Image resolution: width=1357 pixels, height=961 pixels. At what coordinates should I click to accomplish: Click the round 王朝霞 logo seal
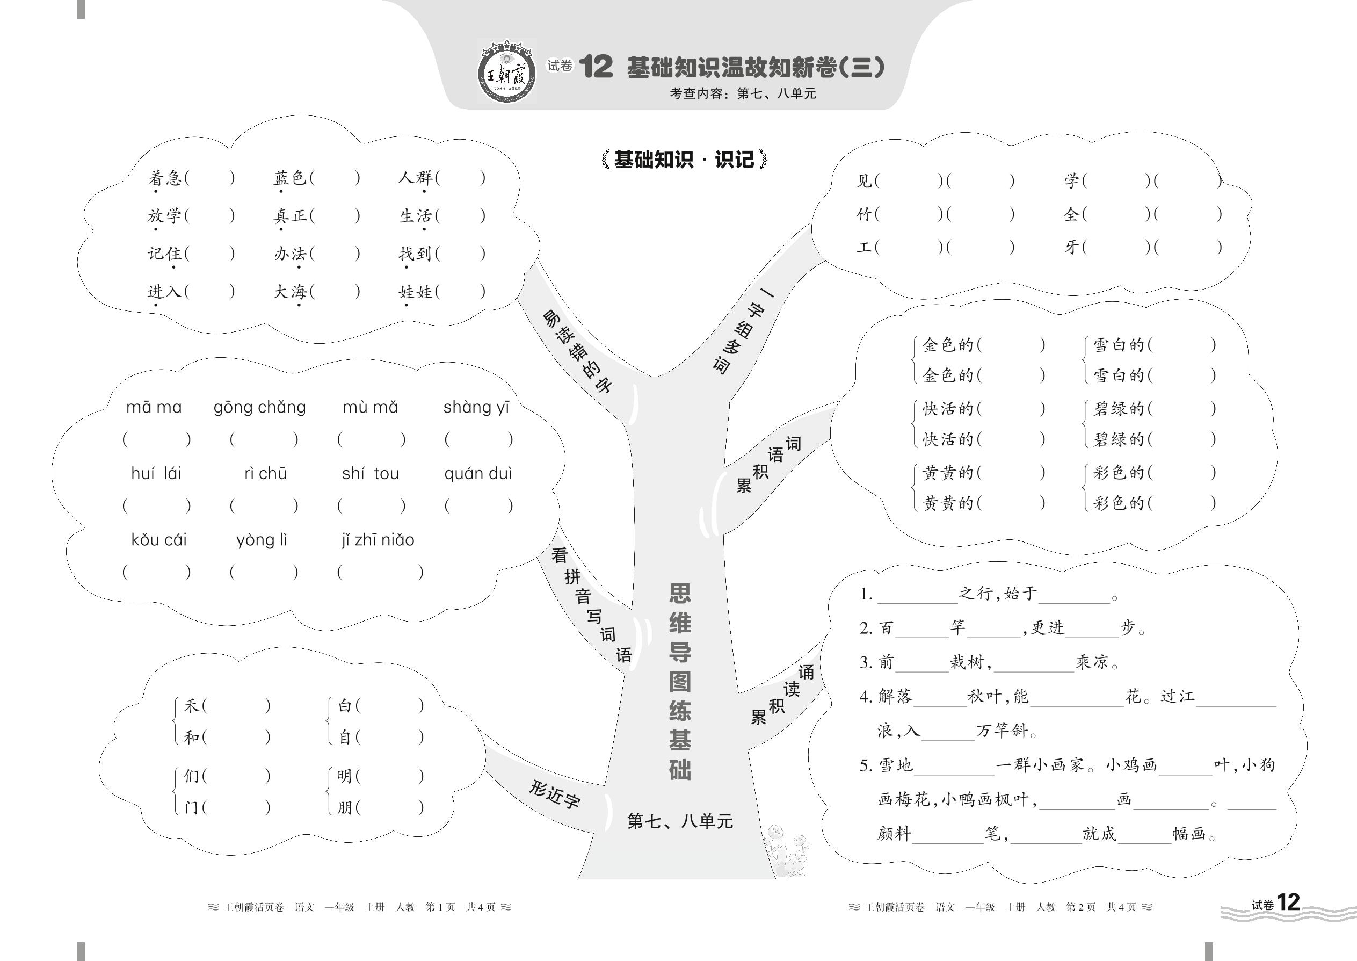coord(506,71)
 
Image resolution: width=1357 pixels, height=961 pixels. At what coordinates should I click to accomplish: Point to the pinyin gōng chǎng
coord(260,408)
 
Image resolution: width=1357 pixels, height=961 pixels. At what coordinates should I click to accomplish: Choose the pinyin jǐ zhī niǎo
coord(378,540)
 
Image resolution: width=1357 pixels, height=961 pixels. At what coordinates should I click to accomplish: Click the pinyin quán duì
coord(478,474)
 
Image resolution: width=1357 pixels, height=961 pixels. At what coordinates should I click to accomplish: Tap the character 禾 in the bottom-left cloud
coord(191,706)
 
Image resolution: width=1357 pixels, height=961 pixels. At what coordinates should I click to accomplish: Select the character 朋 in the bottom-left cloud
coord(345,807)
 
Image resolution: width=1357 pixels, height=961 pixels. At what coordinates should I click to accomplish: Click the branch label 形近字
coord(554,794)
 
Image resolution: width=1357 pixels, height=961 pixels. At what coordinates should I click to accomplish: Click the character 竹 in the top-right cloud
coord(864,214)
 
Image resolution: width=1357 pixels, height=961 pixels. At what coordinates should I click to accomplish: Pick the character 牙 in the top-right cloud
coord(1072,247)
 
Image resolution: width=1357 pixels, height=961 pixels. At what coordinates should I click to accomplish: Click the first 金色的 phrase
coord(948,345)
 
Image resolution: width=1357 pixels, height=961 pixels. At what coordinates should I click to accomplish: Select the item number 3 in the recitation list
coord(866,663)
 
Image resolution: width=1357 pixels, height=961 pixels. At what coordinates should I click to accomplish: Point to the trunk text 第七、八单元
coord(680,821)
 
